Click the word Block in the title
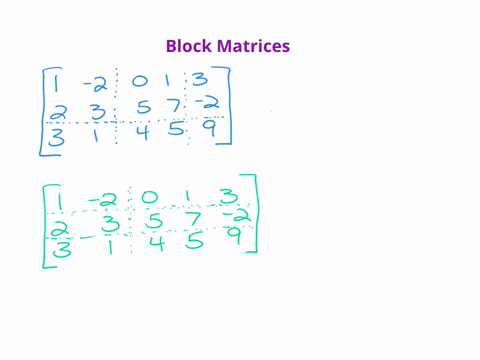(190, 46)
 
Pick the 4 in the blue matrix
(141, 132)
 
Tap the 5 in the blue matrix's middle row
(142, 106)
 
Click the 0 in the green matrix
(149, 199)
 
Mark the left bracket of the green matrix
(46, 222)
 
